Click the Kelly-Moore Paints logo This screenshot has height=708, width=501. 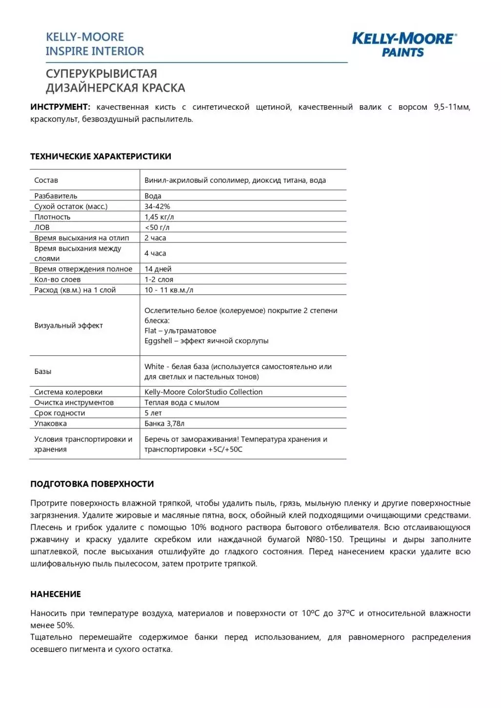click(x=404, y=44)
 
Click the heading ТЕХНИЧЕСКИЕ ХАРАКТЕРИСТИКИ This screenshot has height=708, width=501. click(x=100, y=157)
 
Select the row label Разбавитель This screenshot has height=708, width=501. click(x=56, y=196)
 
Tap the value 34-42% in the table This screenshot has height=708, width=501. click(x=157, y=207)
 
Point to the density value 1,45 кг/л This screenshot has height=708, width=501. click(x=159, y=217)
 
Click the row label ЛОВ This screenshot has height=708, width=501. click(x=42, y=228)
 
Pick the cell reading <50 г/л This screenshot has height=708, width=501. click(x=157, y=228)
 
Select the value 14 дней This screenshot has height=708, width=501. click(x=158, y=269)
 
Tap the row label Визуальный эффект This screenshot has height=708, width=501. click(x=68, y=326)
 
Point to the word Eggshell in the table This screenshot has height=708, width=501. click(x=158, y=341)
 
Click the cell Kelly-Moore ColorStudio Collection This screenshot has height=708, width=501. click(x=203, y=392)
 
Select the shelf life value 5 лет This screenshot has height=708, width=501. click(x=153, y=413)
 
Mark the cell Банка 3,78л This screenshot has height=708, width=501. click(x=164, y=424)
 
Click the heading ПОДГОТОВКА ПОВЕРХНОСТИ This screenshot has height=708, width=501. click(x=92, y=484)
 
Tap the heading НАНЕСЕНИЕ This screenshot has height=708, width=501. click(x=56, y=594)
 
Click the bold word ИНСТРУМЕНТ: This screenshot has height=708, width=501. click(x=60, y=107)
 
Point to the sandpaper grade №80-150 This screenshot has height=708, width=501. click(x=324, y=540)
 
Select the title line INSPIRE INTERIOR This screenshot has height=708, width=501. click(x=95, y=51)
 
